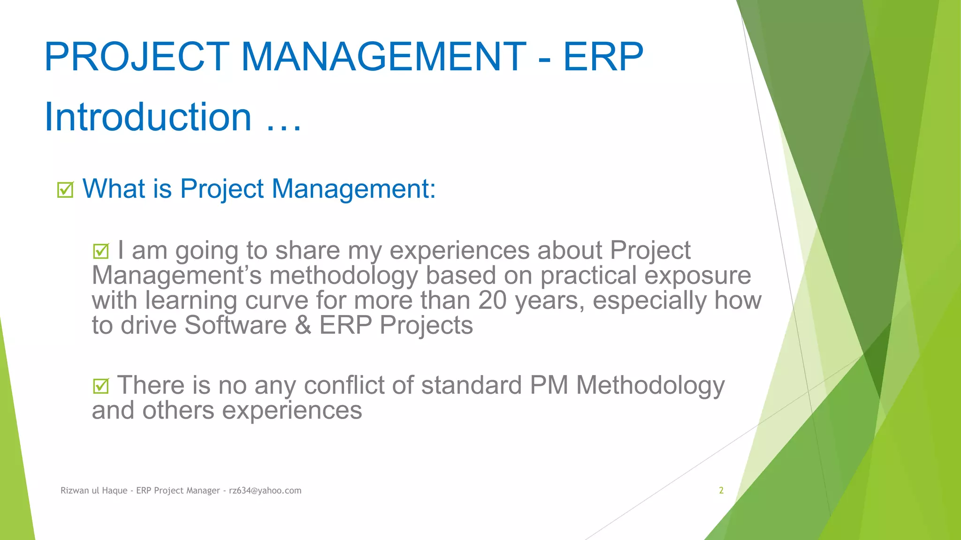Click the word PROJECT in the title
137,57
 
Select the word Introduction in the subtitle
148,117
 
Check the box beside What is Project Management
65,190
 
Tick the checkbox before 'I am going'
101,251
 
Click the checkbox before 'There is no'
101,386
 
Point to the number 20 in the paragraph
492,300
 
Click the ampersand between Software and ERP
303,325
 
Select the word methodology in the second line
343,276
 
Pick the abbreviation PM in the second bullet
549,385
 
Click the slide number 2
721,490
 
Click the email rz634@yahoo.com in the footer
265,490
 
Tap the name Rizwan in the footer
75,490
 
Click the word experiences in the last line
292,411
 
